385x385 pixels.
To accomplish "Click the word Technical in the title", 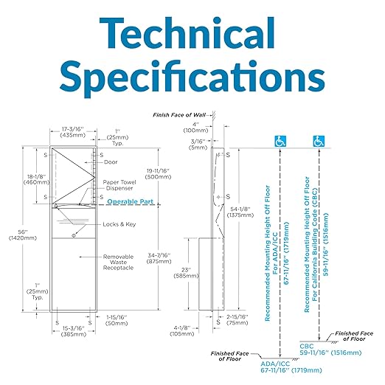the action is [x=187, y=33].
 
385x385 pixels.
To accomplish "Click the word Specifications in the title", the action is [x=192, y=77].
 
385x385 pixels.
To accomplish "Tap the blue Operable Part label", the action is [x=131, y=201].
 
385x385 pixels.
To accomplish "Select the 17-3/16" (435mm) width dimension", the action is [x=73, y=132].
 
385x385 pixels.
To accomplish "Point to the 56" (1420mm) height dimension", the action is [x=22, y=235].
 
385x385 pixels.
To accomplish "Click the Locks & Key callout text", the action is [x=119, y=224].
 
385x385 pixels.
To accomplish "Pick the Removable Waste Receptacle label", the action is [x=118, y=262].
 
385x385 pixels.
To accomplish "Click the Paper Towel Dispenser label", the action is [x=119, y=185].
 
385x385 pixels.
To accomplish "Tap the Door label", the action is [x=111, y=162].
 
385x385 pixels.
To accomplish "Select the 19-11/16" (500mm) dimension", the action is [x=158, y=174].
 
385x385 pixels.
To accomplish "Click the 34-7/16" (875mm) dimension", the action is [x=159, y=258].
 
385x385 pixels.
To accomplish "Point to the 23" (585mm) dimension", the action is [x=186, y=273].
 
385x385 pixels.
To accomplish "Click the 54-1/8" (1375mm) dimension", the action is [x=240, y=212].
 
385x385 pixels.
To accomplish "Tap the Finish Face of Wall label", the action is [x=179, y=115].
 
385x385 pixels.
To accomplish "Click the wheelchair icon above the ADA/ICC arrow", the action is [x=280, y=142].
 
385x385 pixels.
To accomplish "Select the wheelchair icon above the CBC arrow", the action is [x=319, y=142].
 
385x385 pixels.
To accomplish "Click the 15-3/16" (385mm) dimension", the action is [x=73, y=331].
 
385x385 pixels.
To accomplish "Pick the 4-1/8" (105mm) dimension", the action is [x=182, y=331].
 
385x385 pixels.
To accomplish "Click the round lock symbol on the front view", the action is [x=74, y=235].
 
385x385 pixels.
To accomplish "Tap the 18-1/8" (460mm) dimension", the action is [x=37, y=179].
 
